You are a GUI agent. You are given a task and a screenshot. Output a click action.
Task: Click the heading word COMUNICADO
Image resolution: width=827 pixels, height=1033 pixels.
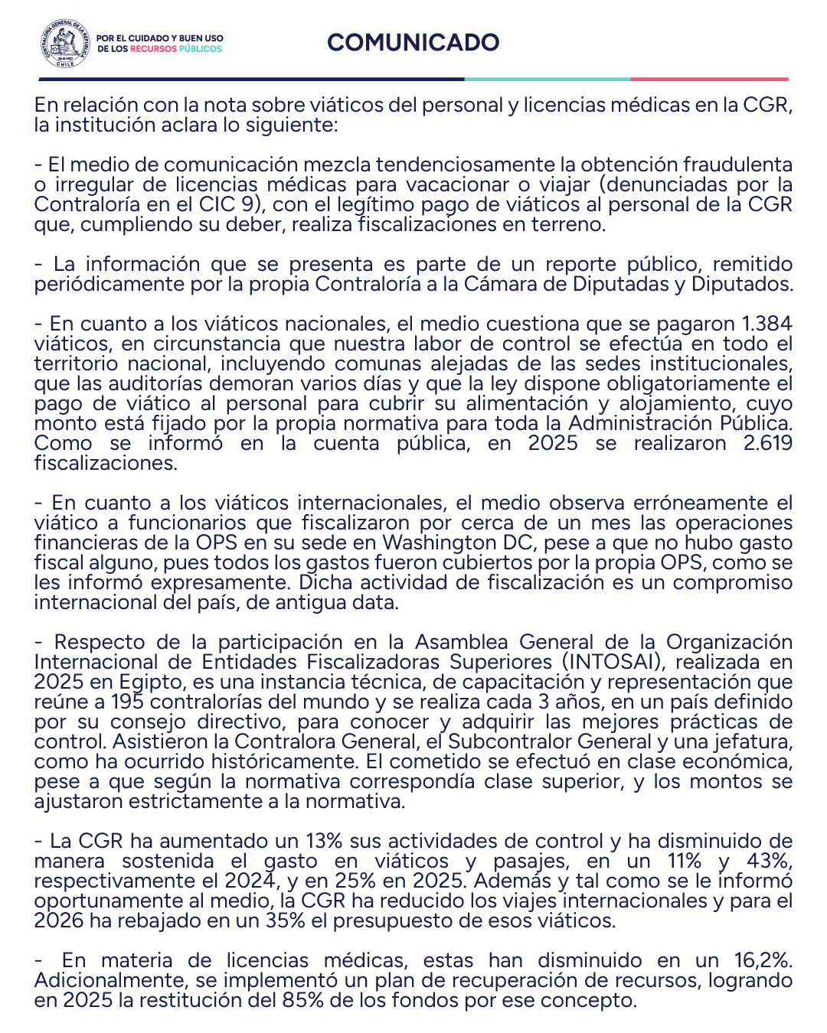tap(413, 42)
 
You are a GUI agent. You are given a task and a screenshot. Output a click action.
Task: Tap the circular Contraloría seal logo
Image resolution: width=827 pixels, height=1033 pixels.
tap(66, 44)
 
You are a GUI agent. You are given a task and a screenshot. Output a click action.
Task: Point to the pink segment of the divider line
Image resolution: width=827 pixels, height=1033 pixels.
tap(709, 79)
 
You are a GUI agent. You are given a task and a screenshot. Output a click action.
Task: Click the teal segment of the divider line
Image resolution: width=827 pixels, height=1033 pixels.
tap(547, 79)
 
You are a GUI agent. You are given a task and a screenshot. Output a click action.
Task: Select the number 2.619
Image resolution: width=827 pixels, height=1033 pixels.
tap(767, 443)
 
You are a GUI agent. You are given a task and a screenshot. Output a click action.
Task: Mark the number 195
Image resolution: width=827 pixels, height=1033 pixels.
tap(127, 702)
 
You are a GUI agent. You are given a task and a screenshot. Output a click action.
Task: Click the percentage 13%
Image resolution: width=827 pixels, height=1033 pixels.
tap(324, 841)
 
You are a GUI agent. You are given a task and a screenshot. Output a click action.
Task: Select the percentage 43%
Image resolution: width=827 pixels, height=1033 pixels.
tap(768, 861)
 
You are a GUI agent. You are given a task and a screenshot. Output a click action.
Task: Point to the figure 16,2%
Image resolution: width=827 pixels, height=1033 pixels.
tap(763, 960)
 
